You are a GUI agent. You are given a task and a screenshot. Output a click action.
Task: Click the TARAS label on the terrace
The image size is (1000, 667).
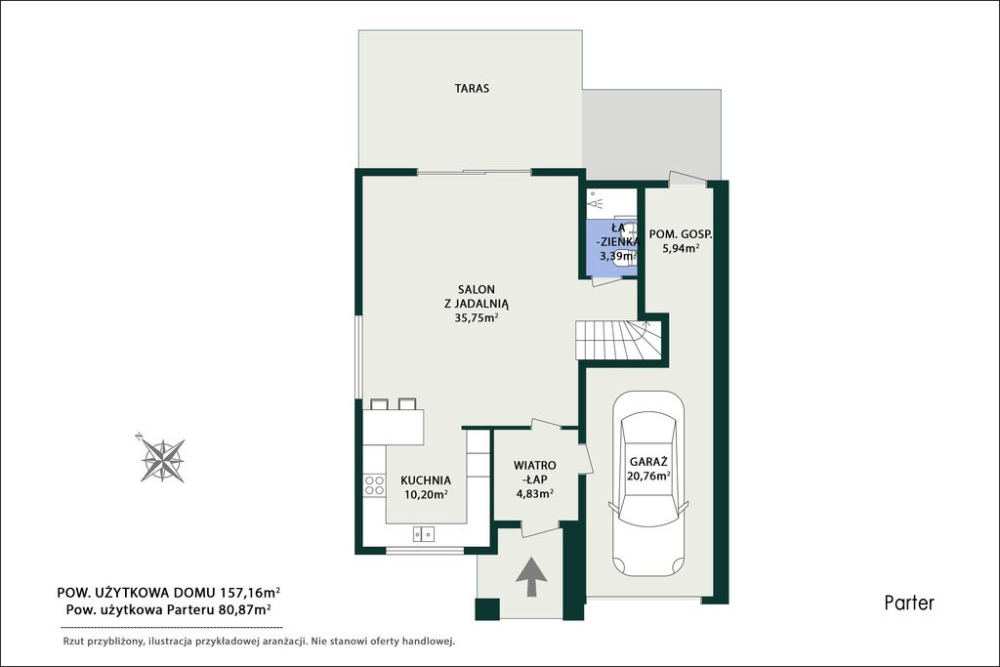[x=472, y=88]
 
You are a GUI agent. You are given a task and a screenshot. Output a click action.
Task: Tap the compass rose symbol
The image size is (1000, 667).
[x=162, y=458]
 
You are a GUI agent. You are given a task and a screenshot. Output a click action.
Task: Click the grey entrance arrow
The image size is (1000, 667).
[x=531, y=576]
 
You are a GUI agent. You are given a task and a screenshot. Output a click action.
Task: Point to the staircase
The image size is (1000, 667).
[x=617, y=340]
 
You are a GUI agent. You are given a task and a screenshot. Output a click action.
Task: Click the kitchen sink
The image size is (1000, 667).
[x=424, y=533]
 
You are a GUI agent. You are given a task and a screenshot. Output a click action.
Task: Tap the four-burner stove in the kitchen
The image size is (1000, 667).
[x=374, y=485]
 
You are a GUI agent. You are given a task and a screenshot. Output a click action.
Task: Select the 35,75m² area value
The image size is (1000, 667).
[x=476, y=317]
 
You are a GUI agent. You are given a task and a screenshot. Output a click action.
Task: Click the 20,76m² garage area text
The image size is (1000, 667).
[x=648, y=475]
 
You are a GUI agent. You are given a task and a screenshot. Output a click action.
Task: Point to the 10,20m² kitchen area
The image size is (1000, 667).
[x=426, y=493]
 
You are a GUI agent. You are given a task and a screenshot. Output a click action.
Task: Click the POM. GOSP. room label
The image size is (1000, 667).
[x=681, y=234]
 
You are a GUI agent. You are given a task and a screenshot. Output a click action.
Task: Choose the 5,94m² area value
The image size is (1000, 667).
[x=681, y=248]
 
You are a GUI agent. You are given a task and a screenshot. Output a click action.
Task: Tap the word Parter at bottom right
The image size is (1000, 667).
[x=909, y=603]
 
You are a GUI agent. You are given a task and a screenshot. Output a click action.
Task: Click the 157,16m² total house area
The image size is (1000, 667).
[x=250, y=593]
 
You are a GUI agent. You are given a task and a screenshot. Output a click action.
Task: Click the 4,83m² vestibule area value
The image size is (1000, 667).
[x=534, y=492]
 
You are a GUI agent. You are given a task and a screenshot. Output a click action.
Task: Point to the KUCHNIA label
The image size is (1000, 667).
[x=426, y=480]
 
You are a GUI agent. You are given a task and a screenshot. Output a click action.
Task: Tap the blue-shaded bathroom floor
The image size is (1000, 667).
[x=611, y=245]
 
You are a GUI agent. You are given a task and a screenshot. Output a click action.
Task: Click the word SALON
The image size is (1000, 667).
[x=476, y=289]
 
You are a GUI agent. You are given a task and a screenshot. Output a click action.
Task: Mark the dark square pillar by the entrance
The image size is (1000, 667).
[x=488, y=608]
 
